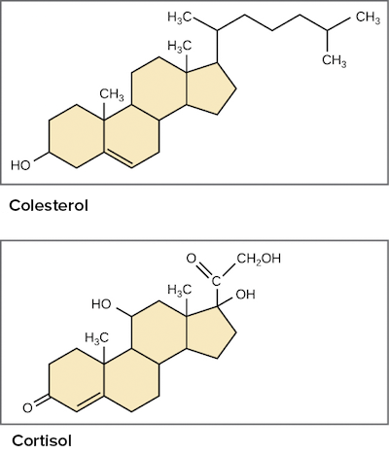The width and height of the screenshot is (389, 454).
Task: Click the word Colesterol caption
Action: tap(49, 205)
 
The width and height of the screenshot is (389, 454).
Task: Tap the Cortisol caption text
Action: tap(42, 440)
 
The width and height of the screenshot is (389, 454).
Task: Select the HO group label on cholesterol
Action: tap(20, 165)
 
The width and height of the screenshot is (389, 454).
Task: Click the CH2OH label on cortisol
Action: tap(259, 259)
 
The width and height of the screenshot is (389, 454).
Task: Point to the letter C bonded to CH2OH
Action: tap(216, 281)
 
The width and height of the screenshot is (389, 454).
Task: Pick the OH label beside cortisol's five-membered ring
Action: tap(245, 295)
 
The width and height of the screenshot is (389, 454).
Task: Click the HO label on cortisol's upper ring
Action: tap(101, 304)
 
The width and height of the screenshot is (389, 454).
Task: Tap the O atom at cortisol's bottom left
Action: tap(27, 408)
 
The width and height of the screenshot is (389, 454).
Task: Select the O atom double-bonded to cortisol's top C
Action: tap(192, 259)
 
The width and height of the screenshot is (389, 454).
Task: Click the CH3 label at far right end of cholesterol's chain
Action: tap(368, 17)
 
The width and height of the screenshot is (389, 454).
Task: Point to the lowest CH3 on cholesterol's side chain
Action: tap(335, 61)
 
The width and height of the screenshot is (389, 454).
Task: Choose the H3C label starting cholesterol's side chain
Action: tap(179, 17)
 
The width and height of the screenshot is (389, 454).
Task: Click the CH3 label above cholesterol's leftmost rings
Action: tap(112, 95)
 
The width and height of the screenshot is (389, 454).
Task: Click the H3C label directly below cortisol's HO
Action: tap(96, 338)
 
